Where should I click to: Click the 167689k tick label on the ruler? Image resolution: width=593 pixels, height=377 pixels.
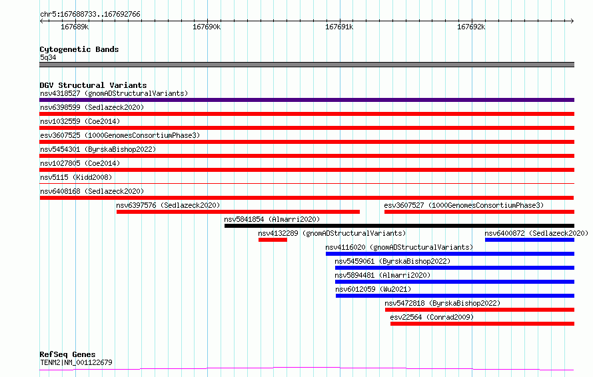pos(75,27)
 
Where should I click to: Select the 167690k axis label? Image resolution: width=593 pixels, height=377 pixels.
pos(207,27)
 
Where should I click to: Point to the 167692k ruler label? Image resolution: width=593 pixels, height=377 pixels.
pos(471,27)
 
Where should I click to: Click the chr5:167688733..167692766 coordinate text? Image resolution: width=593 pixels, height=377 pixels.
pos(90,14)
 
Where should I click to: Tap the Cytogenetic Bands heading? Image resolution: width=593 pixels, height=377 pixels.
pos(79,49)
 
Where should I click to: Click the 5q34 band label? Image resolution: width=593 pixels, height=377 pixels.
pos(48,57)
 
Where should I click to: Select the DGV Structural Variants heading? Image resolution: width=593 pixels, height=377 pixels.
pos(93,85)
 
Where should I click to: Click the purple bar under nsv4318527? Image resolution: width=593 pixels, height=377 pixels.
pos(306,100)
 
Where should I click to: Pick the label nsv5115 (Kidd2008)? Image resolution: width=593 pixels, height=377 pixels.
pos(76,177)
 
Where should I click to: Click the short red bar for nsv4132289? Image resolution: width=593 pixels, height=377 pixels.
pos(273,240)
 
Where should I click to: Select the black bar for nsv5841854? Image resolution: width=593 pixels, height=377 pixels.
pos(399,226)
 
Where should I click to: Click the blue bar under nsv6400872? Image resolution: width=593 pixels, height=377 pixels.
pos(530,240)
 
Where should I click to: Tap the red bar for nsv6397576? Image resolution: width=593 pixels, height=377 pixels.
pos(238,212)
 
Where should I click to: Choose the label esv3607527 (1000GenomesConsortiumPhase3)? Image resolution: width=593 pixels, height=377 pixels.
pos(464,205)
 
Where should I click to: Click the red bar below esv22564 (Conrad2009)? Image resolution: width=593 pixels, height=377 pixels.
pos(482,324)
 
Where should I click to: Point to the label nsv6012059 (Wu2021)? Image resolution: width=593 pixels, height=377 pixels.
pos(373,289)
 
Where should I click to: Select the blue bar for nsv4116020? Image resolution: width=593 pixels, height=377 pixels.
pos(450,254)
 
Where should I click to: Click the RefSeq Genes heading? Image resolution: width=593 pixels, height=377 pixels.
pos(67,354)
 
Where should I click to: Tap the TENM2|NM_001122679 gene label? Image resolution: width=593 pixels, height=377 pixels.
pos(76,362)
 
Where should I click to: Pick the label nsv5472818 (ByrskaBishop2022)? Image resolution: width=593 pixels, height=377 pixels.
pos(442,303)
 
